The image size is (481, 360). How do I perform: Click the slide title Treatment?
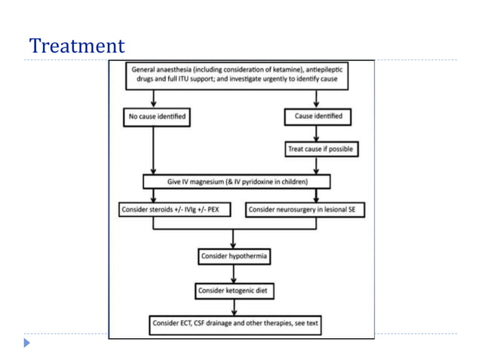tap(76, 46)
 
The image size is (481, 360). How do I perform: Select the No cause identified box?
tap(155, 117)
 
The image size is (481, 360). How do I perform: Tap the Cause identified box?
tap(317, 117)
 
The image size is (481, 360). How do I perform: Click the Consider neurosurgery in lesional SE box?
tap(305, 209)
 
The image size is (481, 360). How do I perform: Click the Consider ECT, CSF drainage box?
tap(235, 324)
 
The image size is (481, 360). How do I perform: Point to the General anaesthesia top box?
tap(240, 74)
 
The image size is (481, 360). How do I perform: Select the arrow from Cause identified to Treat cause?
tap(317, 133)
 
